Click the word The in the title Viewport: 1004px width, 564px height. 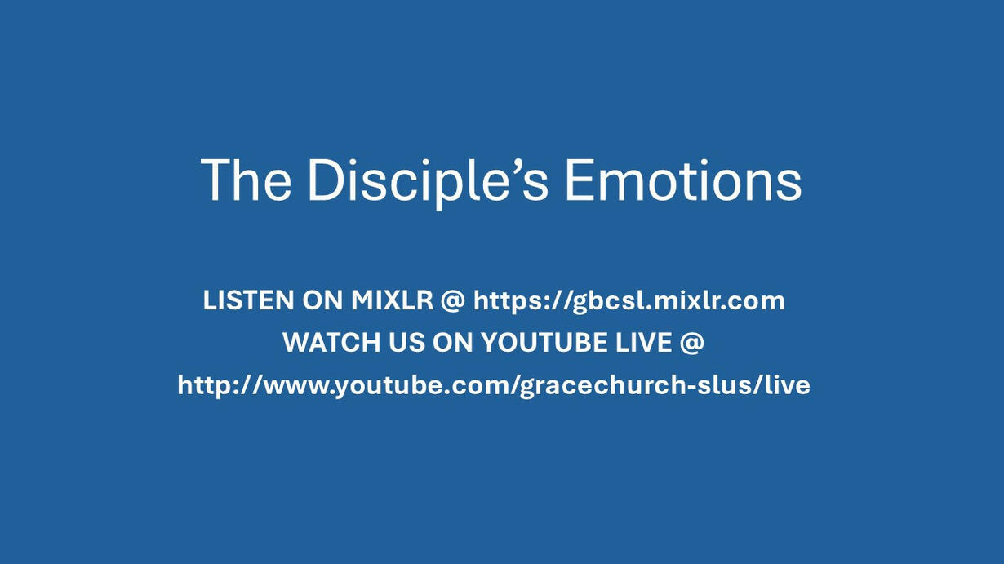pos(246,180)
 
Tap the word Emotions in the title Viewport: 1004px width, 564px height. pos(683,180)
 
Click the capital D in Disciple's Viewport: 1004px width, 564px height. pos(327,180)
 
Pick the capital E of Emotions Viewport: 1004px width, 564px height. pos(580,180)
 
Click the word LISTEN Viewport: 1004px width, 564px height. pos(248,300)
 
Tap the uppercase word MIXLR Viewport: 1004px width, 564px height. pos(392,300)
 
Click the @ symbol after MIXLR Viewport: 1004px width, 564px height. pos(453,301)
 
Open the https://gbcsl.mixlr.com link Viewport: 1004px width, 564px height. pos(629,301)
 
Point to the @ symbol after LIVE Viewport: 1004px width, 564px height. pos(692,344)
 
